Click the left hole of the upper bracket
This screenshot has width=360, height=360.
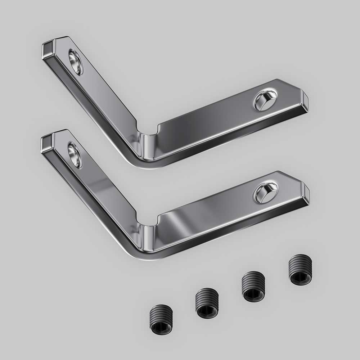point(76,62)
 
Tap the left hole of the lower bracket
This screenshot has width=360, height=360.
point(75,155)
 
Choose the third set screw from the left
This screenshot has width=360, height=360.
point(253,286)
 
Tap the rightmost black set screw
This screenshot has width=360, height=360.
point(300,270)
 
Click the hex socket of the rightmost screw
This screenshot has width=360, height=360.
point(300,278)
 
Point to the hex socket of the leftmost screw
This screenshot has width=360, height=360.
point(161,328)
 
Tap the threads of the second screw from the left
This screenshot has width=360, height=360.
point(207,297)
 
